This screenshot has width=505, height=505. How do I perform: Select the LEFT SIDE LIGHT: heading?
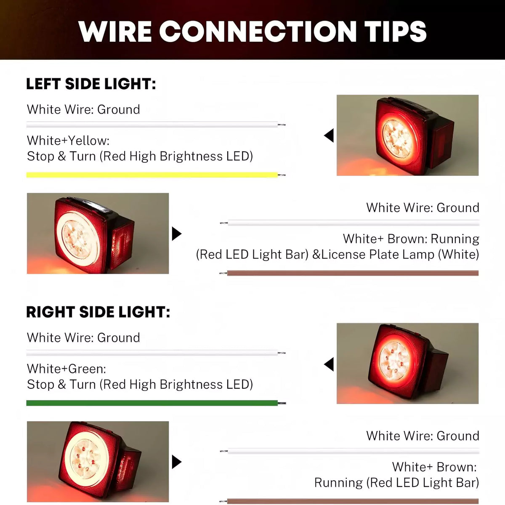pyautogui.click(x=91, y=84)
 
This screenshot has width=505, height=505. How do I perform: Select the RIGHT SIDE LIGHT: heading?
pyautogui.click(x=98, y=312)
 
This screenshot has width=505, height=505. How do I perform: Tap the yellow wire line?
pyautogui.click(x=151, y=175)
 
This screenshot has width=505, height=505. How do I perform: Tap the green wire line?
pyautogui.click(x=151, y=403)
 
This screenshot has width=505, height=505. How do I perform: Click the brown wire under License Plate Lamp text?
pyautogui.click(x=353, y=273)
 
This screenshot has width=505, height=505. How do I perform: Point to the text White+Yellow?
pyautogui.click(x=68, y=141)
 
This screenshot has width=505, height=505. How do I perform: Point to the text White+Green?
pyautogui.click(x=66, y=369)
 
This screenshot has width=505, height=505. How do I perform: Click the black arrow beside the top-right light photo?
pyautogui.click(x=329, y=136)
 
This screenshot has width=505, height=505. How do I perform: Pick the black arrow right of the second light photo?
pyautogui.click(x=176, y=234)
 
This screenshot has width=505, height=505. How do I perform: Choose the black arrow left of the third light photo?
pyautogui.click(x=329, y=364)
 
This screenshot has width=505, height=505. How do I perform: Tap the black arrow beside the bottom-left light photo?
pyautogui.click(x=176, y=462)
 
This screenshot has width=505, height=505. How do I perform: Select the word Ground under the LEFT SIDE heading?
pyautogui.click(x=119, y=109)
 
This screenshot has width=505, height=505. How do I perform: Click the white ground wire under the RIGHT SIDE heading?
pyautogui.click(x=151, y=353)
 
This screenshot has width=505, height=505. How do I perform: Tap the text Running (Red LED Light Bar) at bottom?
pyautogui.click(x=396, y=483)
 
